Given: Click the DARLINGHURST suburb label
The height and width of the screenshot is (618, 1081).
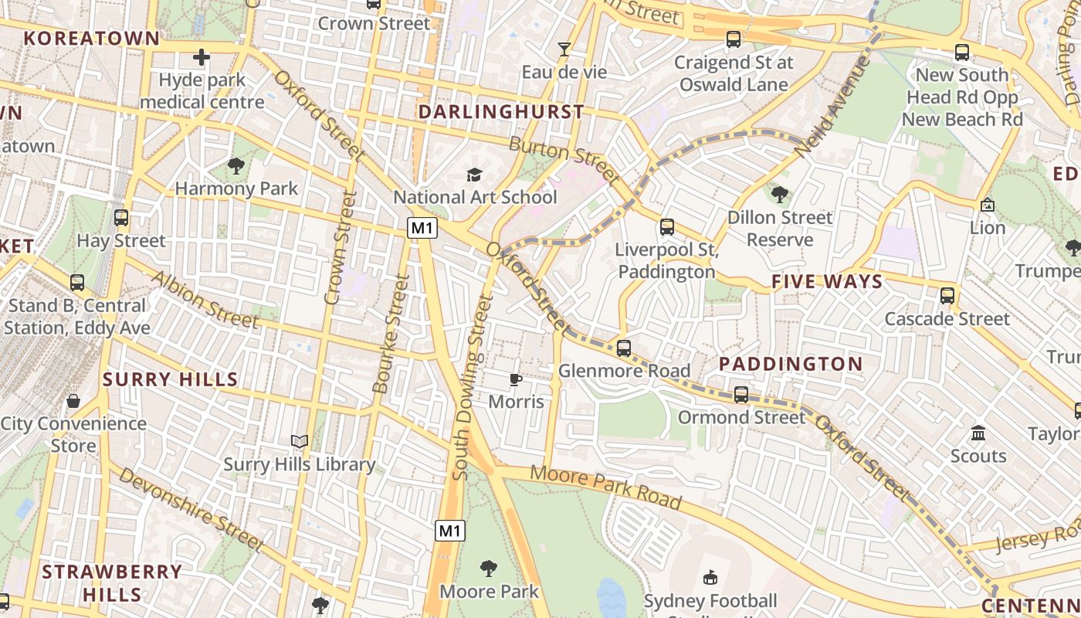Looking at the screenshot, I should (501, 112).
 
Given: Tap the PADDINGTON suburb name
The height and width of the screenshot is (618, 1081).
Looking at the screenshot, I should (791, 364).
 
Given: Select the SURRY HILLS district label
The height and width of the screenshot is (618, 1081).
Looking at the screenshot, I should (171, 379).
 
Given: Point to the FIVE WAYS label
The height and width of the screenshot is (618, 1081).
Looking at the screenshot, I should (827, 281).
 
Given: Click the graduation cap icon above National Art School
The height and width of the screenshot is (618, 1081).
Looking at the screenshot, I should (474, 175).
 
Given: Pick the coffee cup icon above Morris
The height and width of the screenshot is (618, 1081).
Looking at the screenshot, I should (516, 379).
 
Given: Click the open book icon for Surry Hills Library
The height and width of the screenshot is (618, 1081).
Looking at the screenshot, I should (300, 442).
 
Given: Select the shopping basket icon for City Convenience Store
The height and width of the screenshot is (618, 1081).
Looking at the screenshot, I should (73, 400).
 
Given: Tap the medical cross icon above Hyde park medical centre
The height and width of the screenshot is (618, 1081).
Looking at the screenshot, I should (202, 57).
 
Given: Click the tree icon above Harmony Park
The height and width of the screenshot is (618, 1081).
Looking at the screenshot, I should (236, 165).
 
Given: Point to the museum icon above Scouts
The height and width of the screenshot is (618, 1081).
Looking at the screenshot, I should (978, 433).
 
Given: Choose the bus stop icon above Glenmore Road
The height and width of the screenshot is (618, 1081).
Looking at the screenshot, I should (624, 348).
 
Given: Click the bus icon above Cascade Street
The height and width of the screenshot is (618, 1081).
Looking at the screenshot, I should (947, 296).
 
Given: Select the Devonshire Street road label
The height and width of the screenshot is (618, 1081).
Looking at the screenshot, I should (192, 510).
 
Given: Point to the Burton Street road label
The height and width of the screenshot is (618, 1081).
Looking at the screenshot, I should (564, 161).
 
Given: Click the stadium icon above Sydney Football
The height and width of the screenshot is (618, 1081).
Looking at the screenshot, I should (710, 577).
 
